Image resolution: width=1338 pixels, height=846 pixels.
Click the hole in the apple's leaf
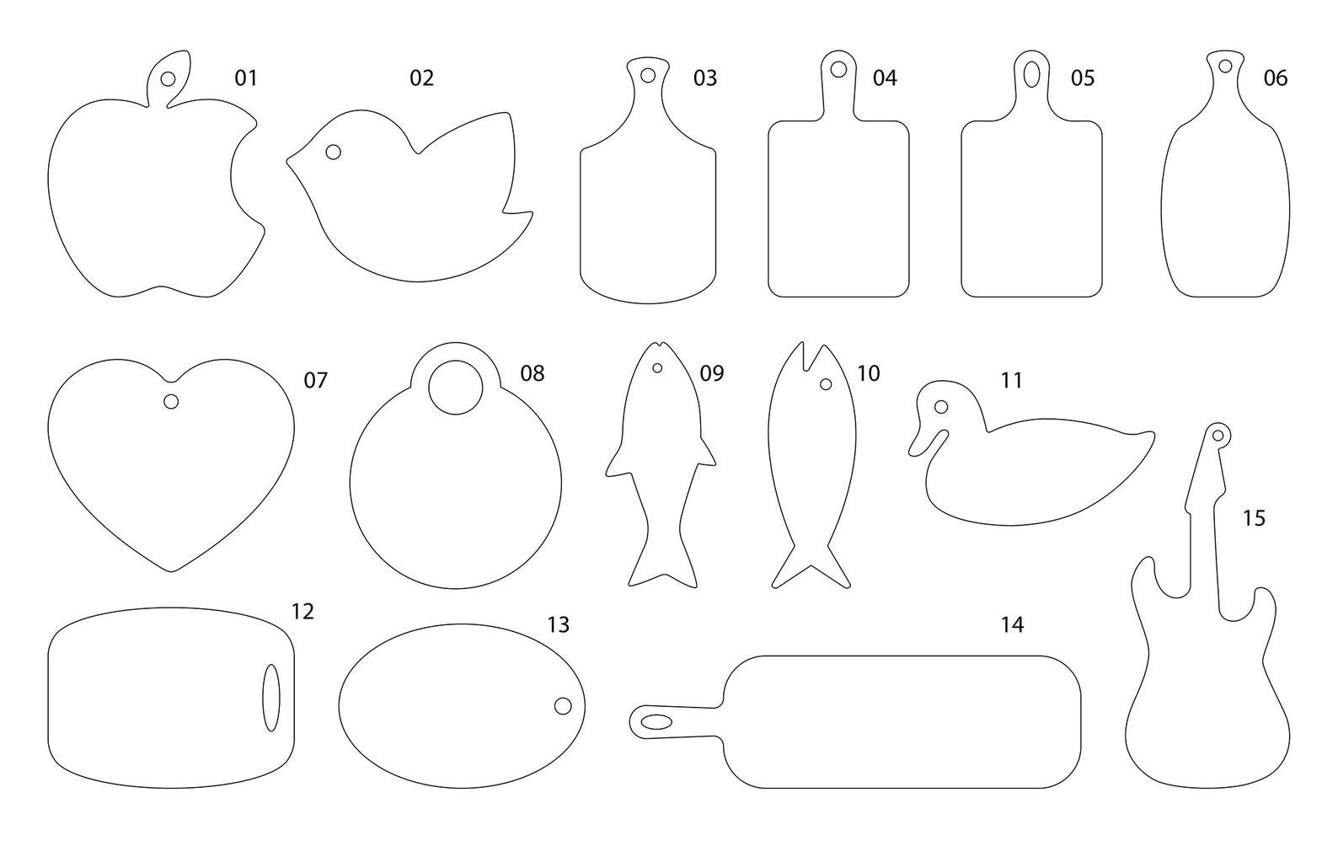click(169, 79)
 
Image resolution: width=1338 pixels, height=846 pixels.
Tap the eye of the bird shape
click(334, 153)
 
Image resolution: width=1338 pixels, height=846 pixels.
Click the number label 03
click(705, 78)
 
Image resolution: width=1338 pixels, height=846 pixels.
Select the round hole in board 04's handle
click(838, 69)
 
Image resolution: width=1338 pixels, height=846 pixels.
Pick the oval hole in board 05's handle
click(1031, 74)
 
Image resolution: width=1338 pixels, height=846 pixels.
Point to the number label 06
click(1276, 78)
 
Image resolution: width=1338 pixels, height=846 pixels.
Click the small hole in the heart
click(171, 401)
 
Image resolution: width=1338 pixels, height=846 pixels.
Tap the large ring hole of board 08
click(456, 387)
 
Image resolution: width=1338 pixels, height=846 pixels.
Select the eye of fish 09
click(657, 368)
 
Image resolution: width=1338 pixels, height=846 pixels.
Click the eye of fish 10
click(826, 384)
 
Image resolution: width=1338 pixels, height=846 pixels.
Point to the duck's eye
click(941, 408)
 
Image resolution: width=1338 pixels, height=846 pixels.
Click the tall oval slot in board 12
click(271, 697)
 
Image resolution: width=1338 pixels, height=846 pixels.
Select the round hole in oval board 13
click(563, 705)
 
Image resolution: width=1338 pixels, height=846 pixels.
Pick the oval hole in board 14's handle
click(656, 722)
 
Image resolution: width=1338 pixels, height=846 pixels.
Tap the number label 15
click(1254, 518)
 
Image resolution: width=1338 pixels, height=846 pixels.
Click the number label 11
click(1011, 380)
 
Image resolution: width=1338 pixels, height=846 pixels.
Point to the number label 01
click(245, 78)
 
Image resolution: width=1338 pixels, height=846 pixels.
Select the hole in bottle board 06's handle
click(1225, 65)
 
